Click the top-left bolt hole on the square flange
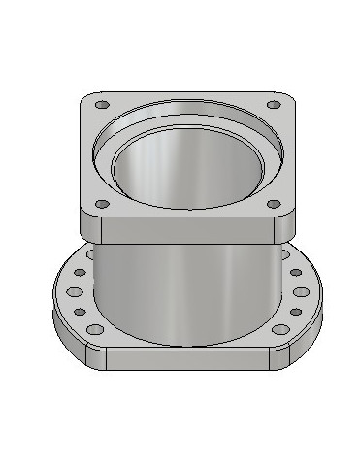[102, 103]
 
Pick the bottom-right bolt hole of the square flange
[274, 205]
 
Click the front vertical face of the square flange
[184, 230]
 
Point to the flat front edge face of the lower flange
[184, 356]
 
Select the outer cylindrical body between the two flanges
[184, 291]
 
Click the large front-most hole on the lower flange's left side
[95, 330]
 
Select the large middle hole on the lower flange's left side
[74, 291]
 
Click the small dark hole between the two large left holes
[81, 312]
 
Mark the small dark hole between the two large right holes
[291, 312]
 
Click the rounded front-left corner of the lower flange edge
[68, 340]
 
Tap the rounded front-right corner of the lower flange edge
[303, 340]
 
